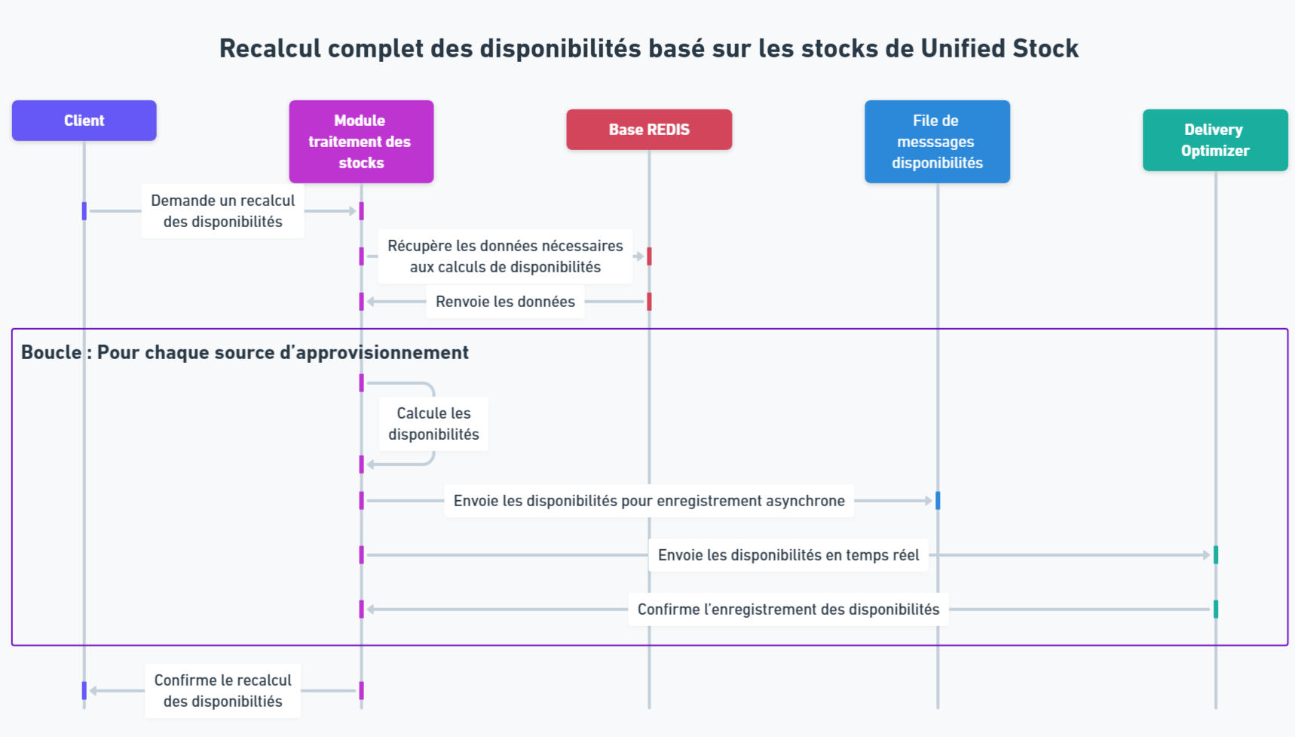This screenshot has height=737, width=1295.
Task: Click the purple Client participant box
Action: [84, 121]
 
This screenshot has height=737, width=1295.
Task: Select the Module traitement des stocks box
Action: [361, 142]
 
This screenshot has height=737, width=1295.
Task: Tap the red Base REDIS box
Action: [649, 130]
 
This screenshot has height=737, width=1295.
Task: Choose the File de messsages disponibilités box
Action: [937, 142]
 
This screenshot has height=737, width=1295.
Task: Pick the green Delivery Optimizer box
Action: [1215, 140]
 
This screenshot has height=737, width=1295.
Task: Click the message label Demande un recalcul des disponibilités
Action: [222, 211]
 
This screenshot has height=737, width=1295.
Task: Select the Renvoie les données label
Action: [505, 302]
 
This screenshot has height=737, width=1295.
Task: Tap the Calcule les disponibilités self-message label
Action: [433, 424]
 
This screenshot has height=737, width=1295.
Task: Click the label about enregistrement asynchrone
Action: [649, 501]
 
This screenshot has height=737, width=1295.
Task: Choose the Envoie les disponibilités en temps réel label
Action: [788, 555]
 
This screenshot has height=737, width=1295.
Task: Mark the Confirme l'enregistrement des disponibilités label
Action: [788, 610]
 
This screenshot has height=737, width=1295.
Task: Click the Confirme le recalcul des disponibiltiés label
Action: [222, 691]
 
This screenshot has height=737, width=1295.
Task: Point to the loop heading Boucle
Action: [51, 352]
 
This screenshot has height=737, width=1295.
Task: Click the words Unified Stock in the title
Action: [1000, 48]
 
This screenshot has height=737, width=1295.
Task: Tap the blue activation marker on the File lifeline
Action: [938, 501]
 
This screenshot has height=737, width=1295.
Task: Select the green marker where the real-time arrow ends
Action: [1216, 555]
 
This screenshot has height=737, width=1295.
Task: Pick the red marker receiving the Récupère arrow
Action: [649, 256]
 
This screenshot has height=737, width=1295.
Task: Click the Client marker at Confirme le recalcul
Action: [84, 690]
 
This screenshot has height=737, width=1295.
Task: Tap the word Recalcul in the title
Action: [269, 48]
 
